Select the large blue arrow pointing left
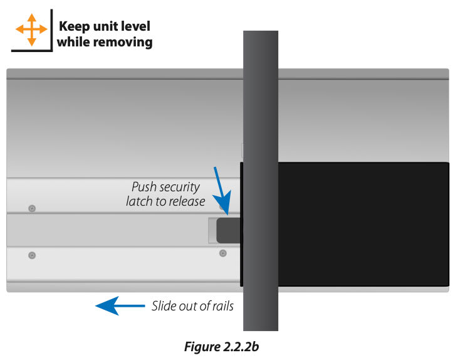pyautogui.click(x=118, y=305)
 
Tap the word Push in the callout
pyautogui.click(x=143, y=187)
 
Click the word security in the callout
pyautogui.click(x=179, y=187)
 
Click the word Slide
pyautogui.click(x=164, y=306)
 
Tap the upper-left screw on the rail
pyautogui.click(x=33, y=208)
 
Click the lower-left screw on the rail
pyautogui.click(x=32, y=255)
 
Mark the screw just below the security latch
pyautogui.click(x=222, y=253)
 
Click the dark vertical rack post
pyautogui.click(x=260, y=182)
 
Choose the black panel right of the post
pyautogui.click(x=363, y=223)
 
